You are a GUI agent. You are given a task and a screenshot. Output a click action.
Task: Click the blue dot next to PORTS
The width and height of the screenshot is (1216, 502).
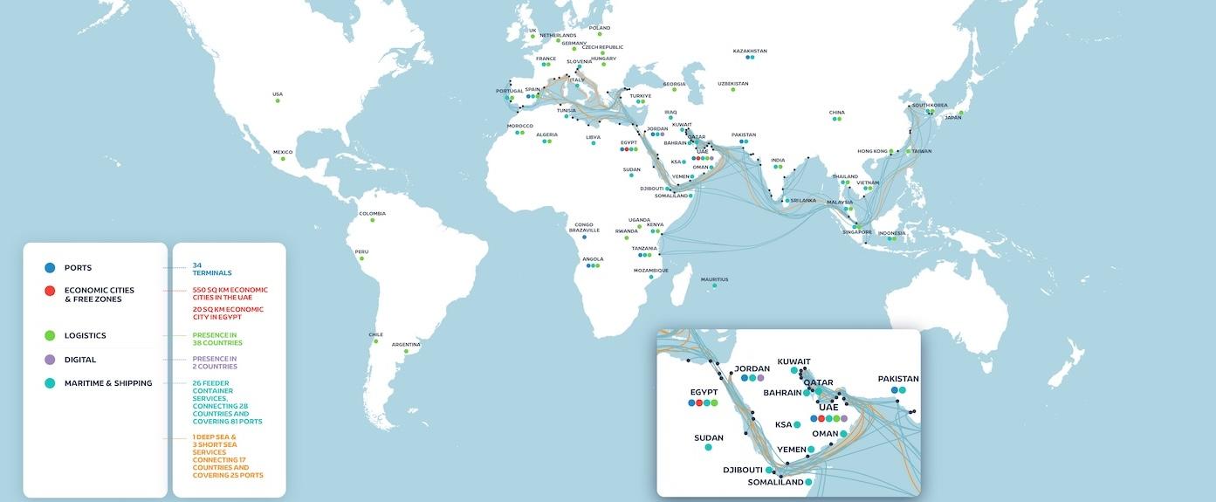click(49, 268)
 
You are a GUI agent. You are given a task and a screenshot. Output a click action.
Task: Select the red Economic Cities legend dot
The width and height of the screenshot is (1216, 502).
click(49, 291)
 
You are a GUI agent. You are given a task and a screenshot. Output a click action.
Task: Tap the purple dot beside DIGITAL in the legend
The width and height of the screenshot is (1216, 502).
click(49, 360)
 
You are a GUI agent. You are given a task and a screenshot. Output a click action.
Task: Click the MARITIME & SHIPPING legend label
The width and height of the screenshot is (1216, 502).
click(108, 383)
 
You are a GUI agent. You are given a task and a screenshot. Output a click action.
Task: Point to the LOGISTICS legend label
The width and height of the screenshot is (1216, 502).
click(86, 335)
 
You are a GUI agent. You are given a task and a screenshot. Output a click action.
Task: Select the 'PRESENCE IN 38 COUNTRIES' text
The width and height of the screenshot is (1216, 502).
click(216, 339)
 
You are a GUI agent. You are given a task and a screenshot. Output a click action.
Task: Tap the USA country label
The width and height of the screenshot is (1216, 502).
click(278, 94)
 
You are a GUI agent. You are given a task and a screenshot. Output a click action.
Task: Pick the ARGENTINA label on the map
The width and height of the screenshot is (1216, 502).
click(406, 344)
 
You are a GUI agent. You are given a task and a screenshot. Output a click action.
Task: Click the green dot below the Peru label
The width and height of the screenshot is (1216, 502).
click(361, 259)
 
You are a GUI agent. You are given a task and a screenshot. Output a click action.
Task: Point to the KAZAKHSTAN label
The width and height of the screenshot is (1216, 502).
click(750, 51)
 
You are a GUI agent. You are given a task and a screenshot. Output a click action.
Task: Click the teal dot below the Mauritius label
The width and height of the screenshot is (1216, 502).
click(714, 286)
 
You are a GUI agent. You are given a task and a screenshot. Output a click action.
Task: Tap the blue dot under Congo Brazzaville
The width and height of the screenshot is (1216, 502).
click(585, 237)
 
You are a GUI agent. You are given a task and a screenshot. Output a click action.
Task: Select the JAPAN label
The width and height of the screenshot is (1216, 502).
click(953, 118)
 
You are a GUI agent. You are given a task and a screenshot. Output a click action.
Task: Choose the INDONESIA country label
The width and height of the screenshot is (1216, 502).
click(891, 233)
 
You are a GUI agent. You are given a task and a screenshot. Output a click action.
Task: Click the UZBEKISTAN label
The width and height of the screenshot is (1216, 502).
click(733, 84)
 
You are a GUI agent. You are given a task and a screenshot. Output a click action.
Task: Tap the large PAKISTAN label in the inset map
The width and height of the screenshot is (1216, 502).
click(898, 379)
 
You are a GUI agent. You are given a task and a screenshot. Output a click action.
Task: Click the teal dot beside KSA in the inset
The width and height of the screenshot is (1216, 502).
click(797, 425)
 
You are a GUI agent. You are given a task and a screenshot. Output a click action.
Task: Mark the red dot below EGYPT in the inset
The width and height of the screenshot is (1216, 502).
click(699, 403)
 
